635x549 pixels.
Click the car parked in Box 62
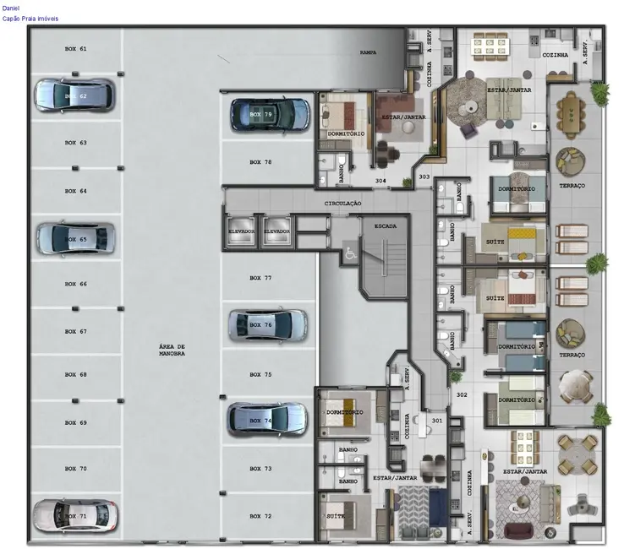click(x=74, y=95)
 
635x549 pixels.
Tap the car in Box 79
click(x=271, y=114)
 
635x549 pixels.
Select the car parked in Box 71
click(x=74, y=515)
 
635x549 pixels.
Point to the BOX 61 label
click(x=76, y=49)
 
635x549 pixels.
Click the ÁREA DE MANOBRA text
click(x=172, y=350)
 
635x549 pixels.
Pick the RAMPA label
click(x=368, y=52)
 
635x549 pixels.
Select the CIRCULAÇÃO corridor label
click(x=343, y=204)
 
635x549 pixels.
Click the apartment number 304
click(x=381, y=181)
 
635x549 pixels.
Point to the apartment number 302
click(x=462, y=394)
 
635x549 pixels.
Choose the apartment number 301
click(x=436, y=420)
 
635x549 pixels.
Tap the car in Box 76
click(x=268, y=324)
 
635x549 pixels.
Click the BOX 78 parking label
click(x=260, y=161)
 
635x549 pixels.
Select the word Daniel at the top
click(x=11, y=7)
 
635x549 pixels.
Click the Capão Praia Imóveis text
click(x=31, y=18)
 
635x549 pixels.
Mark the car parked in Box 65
click(x=74, y=239)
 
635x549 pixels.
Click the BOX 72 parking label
click(x=260, y=515)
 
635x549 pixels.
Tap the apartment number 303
click(x=424, y=177)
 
